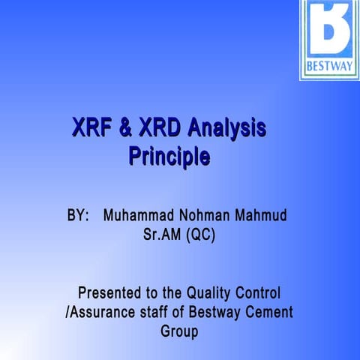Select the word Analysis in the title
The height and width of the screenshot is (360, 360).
pyautogui.click(x=227, y=129)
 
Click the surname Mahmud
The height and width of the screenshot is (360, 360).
pyautogui.click(x=260, y=216)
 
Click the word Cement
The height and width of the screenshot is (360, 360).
pyautogui.click(x=268, y=310)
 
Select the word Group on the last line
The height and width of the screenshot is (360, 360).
pyautogui.click(x=180, y=330)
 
